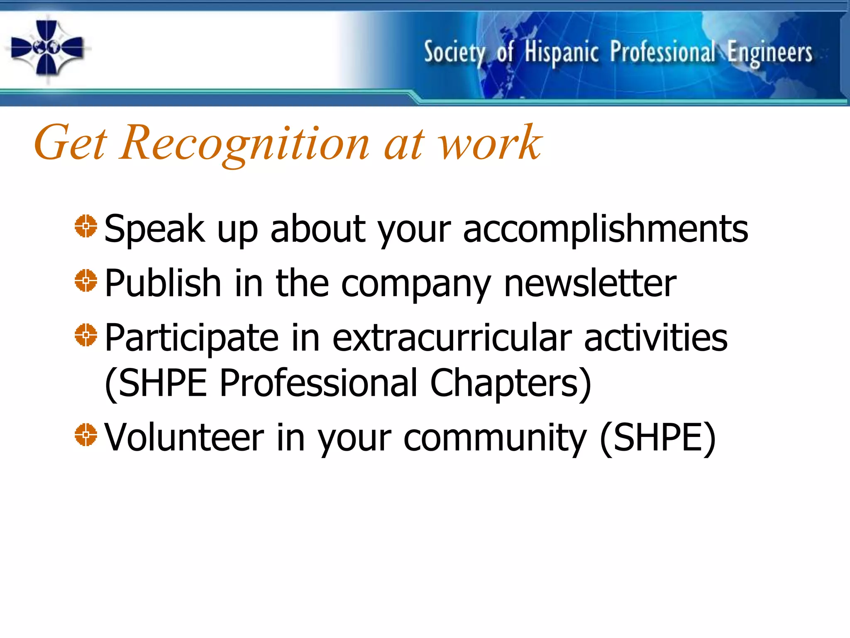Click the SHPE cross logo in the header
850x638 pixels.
coord(47,48)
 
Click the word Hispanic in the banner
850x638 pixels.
coord(562,53)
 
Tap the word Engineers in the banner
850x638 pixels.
coord(770,53)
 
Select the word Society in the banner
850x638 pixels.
coord(455,53)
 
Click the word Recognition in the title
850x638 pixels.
coord(244,143)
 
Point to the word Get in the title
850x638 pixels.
coord(71,143)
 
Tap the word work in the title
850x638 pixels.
coord(490,143)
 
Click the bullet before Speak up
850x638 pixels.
coord(86,226)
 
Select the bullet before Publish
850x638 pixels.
coord(86,281)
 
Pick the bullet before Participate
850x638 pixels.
coord(86,335)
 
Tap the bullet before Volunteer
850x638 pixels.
coord(86,435)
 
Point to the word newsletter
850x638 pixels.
coord(590,283)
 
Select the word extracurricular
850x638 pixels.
coord(452,337)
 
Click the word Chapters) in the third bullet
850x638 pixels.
coord(510,383)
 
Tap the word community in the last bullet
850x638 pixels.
coord(495,438)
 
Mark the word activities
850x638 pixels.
coord(656,337)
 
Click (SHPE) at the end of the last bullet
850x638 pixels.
coord(658,438)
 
